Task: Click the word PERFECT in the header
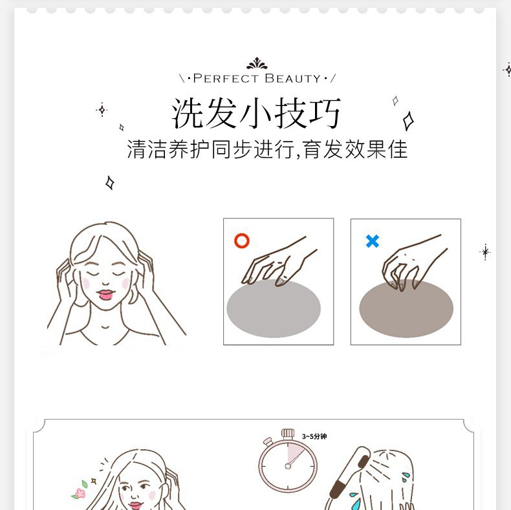[226, 78]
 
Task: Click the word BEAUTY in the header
[293, 78]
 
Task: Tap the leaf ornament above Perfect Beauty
[257, 63]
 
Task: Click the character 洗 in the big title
[188, 113]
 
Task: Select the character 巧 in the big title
[325, 113]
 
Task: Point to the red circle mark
[242, 240]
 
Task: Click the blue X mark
[372, 241]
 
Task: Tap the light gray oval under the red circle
[274, 308]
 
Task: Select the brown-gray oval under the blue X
[406, 308]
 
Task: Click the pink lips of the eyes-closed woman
[105, 294]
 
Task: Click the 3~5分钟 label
[314, 436]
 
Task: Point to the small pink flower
[80, 493]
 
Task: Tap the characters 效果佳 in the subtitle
[376, 149]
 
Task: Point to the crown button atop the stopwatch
[288, 433]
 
